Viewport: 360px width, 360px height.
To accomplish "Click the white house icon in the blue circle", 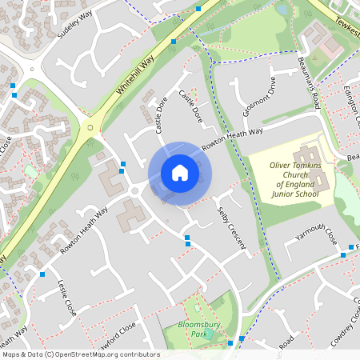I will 179,173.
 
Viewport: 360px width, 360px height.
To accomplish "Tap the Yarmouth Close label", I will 317,234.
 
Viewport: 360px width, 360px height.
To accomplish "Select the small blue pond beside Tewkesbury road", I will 282,10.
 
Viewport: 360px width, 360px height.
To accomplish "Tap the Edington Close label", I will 353,112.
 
